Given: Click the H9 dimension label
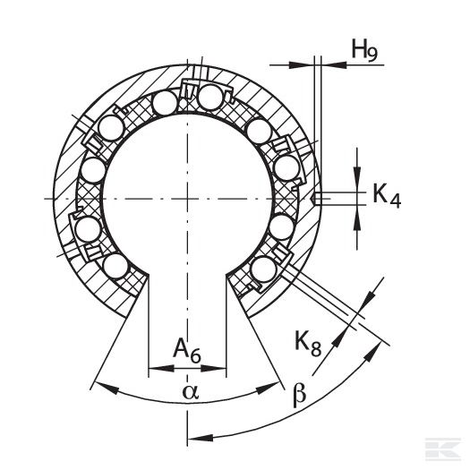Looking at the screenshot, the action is (364, 49).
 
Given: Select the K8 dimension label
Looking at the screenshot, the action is (308, 343).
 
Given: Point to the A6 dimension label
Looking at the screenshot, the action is (187, 350).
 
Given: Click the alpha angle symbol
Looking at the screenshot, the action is (191, 392).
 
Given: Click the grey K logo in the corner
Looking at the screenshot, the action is (443, 449).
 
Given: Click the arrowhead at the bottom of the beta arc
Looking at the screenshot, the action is (201, 438).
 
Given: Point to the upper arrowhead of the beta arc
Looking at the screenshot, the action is (372, 352).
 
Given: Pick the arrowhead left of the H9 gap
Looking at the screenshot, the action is (301, 64).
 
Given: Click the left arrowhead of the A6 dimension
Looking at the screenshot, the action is (161, 368).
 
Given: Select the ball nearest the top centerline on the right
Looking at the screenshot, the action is (210, 97).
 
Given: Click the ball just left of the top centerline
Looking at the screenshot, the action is (165, 103).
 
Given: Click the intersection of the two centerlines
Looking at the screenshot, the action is (188, 199).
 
